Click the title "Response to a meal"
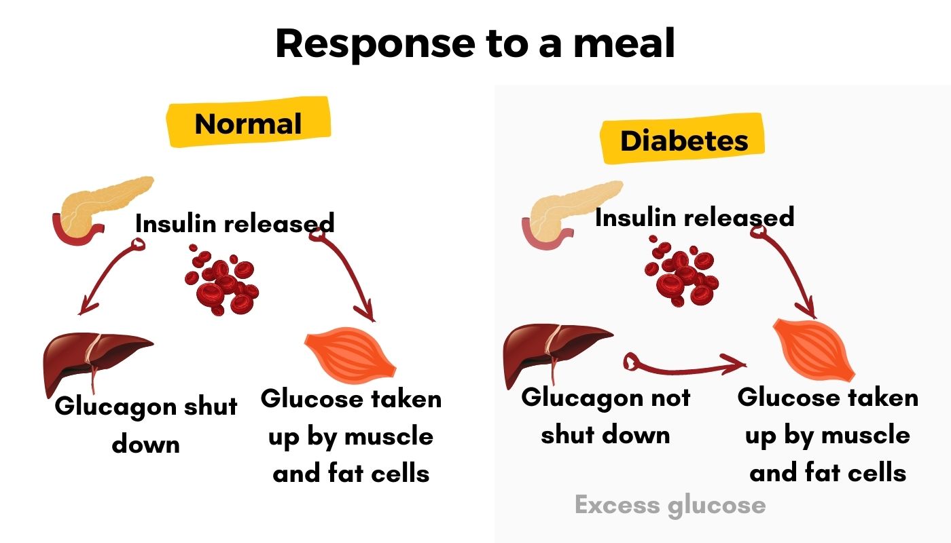coord(475,43)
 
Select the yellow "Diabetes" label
coord(683,141)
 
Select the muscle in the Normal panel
coord(351,356)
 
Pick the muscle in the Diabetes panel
coord(814,349)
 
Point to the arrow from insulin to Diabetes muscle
coord(788,271)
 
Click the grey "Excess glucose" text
coord(670,505)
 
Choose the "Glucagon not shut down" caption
coord(605,415)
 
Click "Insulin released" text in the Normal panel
coord(234,223)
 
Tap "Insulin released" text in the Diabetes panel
coord(694,217)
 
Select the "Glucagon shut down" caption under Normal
coord(146,425)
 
